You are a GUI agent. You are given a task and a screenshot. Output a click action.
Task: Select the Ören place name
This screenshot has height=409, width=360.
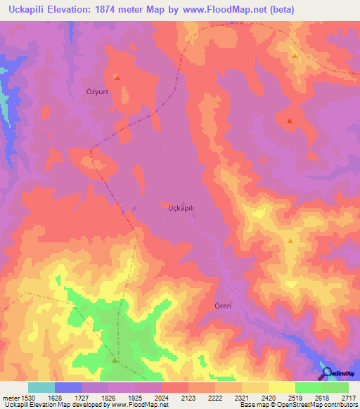coord(222,306)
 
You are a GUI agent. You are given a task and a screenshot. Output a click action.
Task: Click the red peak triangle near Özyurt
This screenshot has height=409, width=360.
coord(117,77)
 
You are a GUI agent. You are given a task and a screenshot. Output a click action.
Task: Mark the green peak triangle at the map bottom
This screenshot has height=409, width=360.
coord(115,360)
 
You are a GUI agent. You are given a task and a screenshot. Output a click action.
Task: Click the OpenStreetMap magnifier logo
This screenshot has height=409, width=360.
coord(326,373)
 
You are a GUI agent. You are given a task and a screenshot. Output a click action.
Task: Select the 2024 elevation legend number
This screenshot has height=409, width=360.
coord(161,397)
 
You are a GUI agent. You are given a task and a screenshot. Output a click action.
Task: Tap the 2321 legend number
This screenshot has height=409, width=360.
coord(241,397)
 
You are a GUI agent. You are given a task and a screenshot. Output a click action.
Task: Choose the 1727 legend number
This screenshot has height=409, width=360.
coord(82,397)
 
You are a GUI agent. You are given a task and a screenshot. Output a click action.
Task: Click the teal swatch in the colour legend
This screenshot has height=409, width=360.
coord(41,387)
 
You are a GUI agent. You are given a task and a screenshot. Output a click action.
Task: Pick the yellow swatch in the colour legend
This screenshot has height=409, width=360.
coord(281,387)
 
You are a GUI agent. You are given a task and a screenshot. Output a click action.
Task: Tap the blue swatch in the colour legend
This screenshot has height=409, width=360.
coord(68,387)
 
